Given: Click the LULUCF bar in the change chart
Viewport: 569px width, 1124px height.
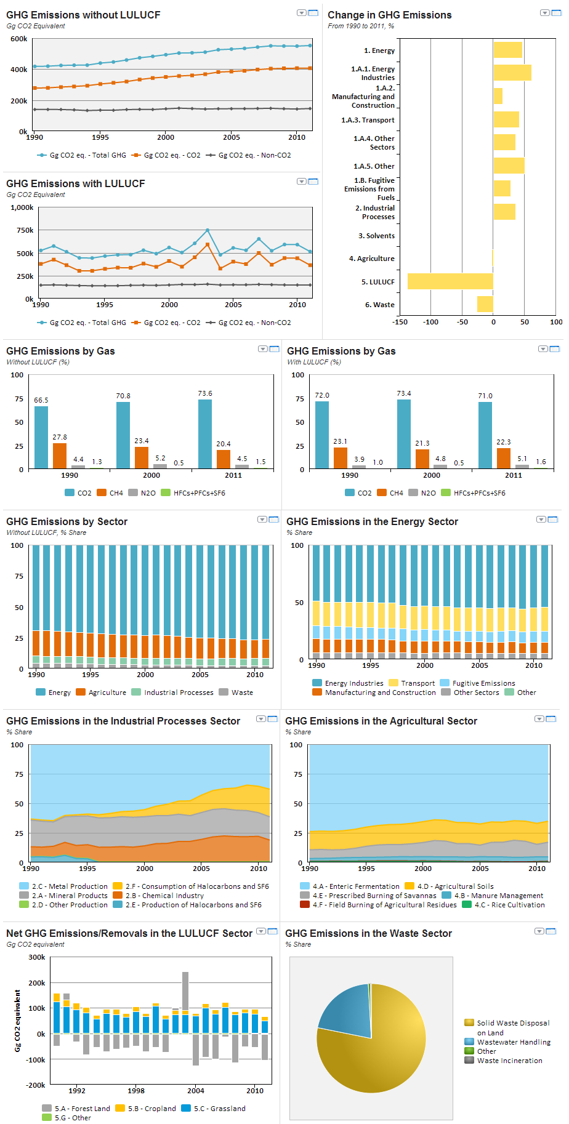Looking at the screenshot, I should pyautogui.click(x=450, y=281).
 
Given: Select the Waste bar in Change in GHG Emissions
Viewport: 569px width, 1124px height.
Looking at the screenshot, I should pyautogui.click(x=485, y=304).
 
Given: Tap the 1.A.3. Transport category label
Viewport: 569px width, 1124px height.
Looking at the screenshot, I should pyautogui.click(x=368, y=120).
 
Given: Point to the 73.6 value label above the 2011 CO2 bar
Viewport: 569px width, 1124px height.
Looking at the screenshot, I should pyautogui.click(x=205, y=393).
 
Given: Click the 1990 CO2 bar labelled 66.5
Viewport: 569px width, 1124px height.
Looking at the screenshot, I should pyautogui.click(x=41, y=437).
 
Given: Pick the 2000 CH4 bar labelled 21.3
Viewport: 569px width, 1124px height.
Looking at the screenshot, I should pyautogui.click(x=422, y=459).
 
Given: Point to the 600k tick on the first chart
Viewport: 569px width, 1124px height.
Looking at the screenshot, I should pyautogui.click(x=19, y=39).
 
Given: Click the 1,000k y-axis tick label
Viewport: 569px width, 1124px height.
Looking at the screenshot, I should pyautogui.click(x=22, y=207).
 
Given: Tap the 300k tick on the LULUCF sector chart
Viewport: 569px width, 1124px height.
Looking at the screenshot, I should pyautogui.click(x=37, y=957).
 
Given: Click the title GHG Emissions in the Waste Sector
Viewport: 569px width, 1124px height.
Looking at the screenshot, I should pyautogui.click(x=368, y=933).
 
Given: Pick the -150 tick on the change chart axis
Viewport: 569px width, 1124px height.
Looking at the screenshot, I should pyautogui.click(x=400, y=322).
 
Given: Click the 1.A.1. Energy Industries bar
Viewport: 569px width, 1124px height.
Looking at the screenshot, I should pyautogui.click(x=512, y=73).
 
